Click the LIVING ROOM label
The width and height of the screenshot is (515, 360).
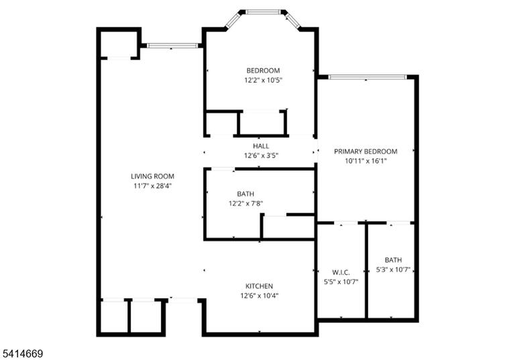[x=152, y=176]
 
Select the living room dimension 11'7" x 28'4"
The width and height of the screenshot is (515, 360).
[x=152, y=186]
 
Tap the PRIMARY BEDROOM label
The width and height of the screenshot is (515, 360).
[x=365, y=152]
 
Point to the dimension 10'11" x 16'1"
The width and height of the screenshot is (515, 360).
[x=365, y=161]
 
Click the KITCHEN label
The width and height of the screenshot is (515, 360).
[x=259, y=286]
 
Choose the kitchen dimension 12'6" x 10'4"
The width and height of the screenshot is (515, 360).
[x=259, y=296]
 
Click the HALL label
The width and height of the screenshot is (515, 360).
[x=261, y=146]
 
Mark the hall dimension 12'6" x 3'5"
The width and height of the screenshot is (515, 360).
[x=261, y=156]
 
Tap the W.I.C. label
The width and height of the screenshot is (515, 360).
[x=341, y=272]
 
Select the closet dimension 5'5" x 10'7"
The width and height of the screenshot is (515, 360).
[x=341, y=282]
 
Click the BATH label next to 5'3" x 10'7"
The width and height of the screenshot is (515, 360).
[x=393, y=260]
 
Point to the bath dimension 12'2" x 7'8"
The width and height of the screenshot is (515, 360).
[x=245, y=204]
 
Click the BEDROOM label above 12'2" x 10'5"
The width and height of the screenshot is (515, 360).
[x=263, y=70]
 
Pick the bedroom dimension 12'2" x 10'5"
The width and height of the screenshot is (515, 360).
[x=263, y=80]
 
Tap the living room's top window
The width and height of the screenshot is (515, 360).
[x=172, y=46]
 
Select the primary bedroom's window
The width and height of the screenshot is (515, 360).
[x=367, y=77]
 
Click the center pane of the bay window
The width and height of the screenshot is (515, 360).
[x=263, y=12]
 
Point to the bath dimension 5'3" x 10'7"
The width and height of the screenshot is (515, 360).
[x=393, y=270]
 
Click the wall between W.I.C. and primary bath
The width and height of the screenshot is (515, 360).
[x=366, y=271]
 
